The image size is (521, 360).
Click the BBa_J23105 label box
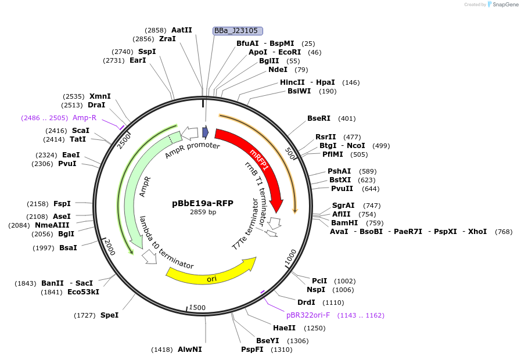tap(238, 31)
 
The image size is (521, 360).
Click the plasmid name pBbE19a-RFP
tap(203, 203)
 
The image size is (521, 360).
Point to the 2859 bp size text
tap(203, 213)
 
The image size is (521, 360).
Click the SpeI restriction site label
tap(109, 315)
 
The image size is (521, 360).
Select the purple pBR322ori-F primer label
tap(308, 315)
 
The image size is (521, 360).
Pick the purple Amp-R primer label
tap(84, 118)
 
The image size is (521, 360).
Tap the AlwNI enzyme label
tap(189, 350)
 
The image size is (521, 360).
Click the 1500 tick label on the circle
tap(198, 308)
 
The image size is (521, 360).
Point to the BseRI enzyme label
tap(319, 118)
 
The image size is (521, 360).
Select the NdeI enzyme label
tap(278, 70)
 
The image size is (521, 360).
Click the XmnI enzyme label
tap(100, 96)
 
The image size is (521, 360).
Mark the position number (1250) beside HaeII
tap(315, 328)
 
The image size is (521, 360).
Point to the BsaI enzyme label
tap(68, 248)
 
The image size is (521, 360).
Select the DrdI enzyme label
tap(306, 303)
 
